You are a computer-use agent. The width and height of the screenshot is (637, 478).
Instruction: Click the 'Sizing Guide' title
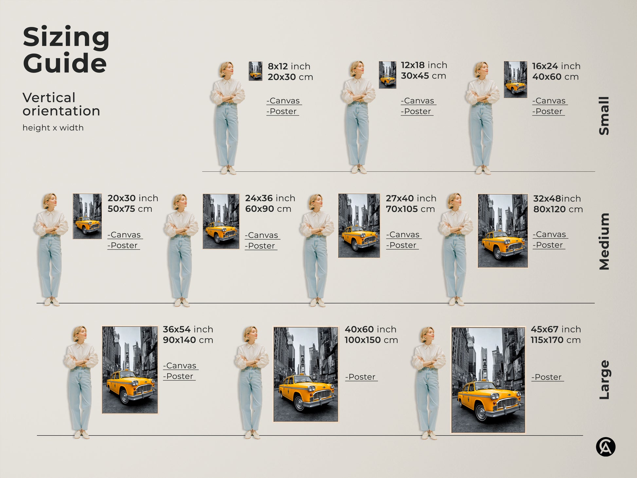point(66,50)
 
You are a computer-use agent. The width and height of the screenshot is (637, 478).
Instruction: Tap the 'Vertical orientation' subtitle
point(61,104)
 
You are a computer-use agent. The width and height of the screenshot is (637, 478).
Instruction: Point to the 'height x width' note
point(53,128)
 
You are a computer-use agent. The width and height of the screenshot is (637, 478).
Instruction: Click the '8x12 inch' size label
point(289,66)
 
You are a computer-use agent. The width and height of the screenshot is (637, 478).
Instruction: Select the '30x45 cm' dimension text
point(423,76)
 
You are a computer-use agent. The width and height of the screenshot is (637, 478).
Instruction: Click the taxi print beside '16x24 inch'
point(515,79)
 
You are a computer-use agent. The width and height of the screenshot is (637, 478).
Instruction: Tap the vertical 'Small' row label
point(604,116)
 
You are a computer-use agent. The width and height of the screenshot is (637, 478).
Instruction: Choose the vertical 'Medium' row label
point(604,241)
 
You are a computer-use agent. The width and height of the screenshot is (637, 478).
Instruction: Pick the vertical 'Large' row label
point(604,380)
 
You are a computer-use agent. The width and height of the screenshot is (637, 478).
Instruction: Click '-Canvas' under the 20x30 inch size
point(125,235)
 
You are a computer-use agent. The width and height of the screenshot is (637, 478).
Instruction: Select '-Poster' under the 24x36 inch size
point(261,246)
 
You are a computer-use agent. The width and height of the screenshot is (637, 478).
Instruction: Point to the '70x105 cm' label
point(410,209)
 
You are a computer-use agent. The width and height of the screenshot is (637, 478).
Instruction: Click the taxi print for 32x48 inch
point(502,231)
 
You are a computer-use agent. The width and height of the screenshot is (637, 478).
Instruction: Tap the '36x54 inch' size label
point(188,329)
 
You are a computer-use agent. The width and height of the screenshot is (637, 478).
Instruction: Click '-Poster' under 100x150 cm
point(361,377)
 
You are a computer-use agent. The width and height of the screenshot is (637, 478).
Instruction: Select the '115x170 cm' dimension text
point(555,340)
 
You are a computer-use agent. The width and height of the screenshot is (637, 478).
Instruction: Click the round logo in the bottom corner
point(605,447)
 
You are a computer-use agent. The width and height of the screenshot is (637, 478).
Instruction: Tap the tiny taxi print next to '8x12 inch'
point(255,71)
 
